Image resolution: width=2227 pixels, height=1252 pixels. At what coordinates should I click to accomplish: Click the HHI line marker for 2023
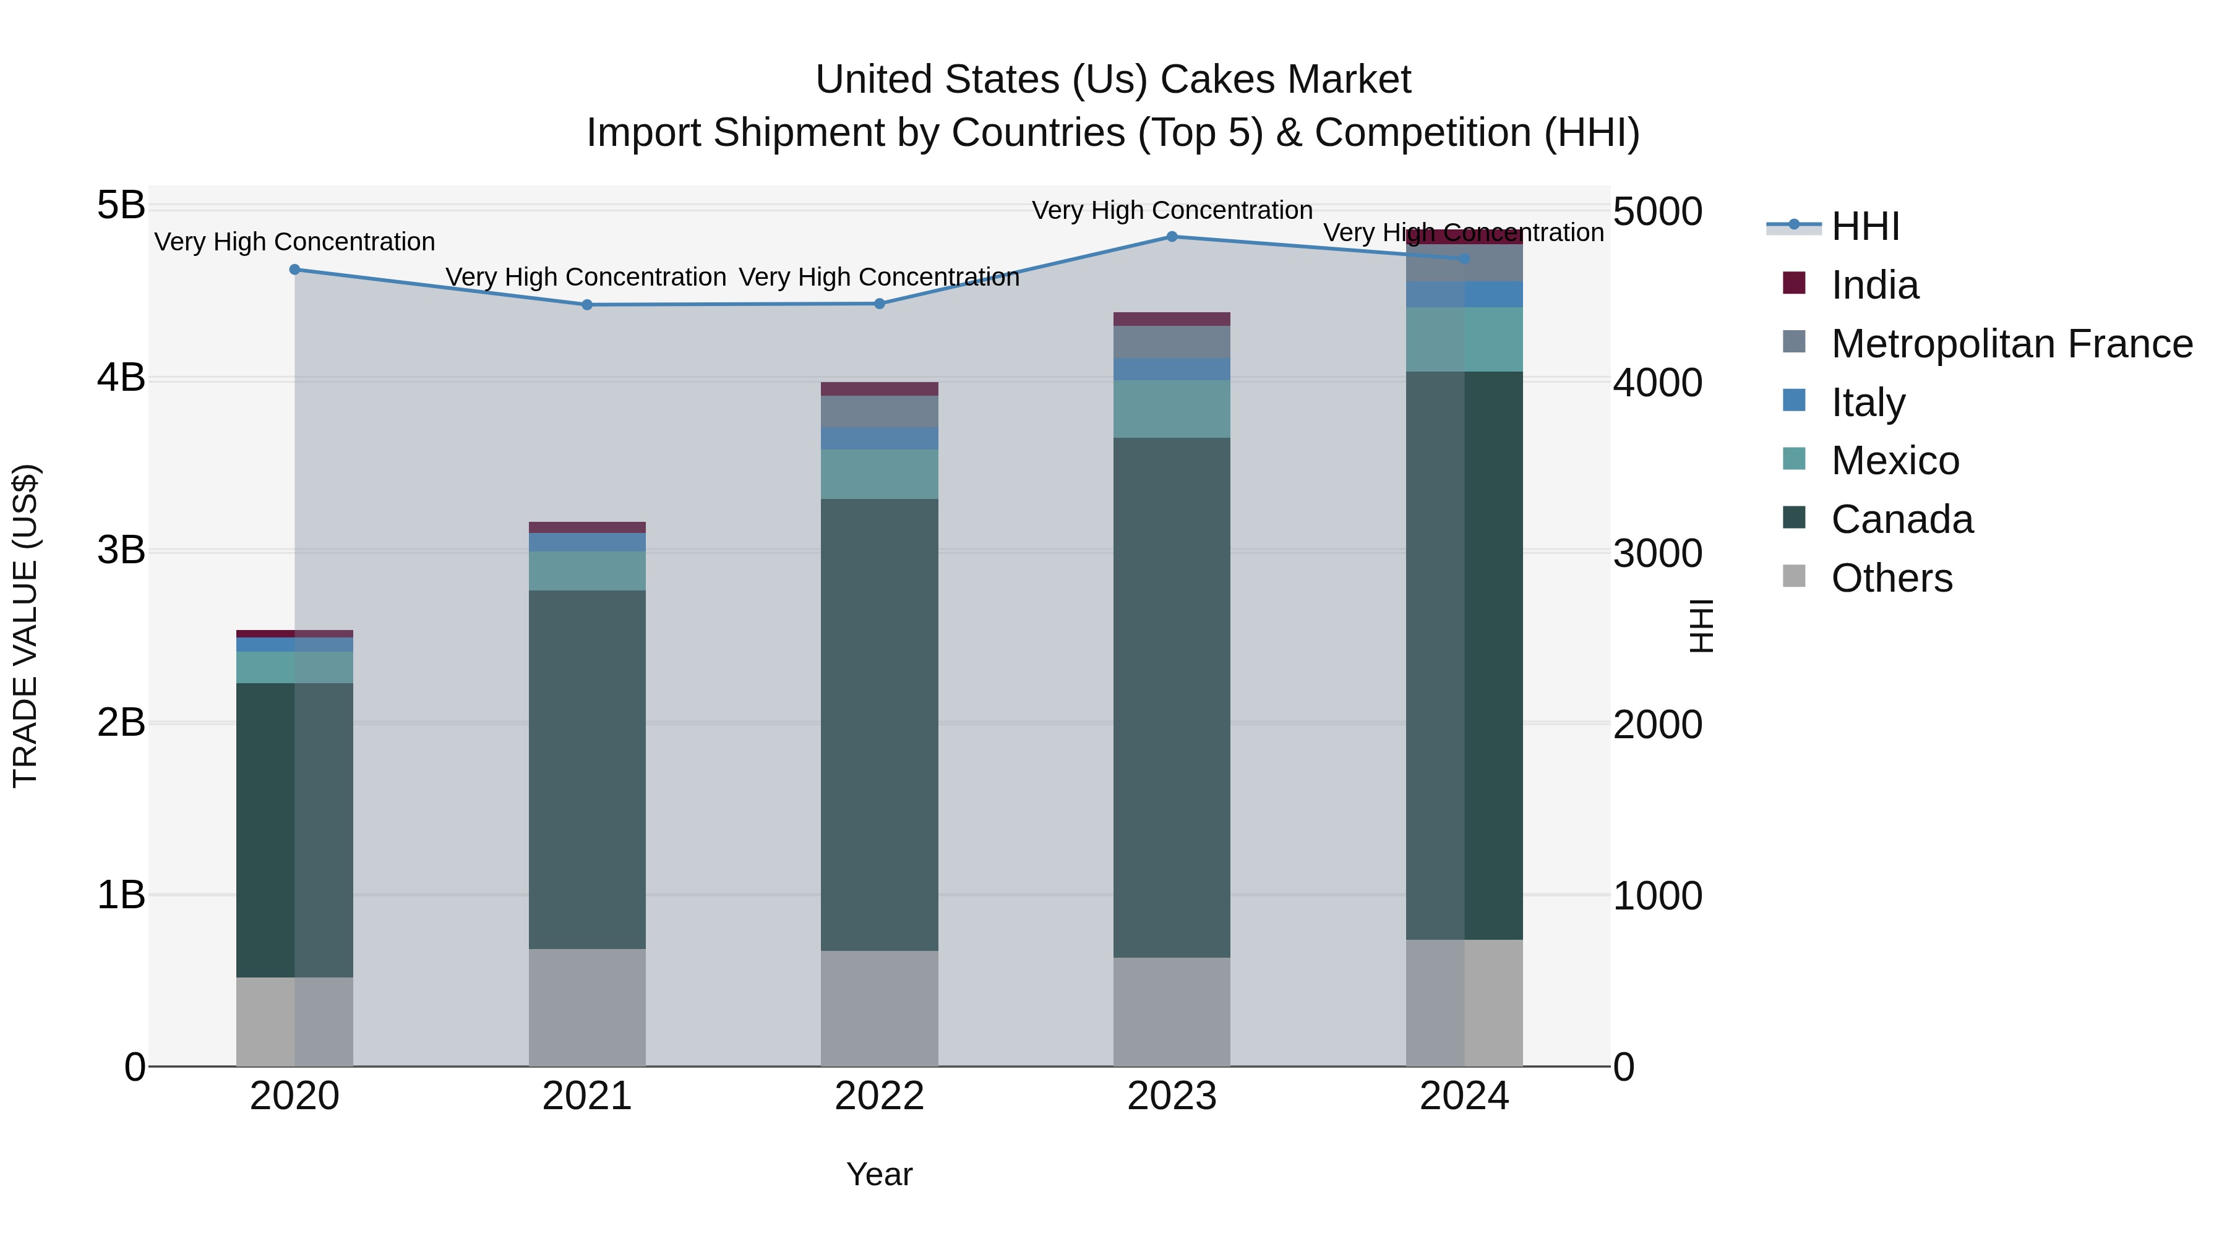coord(1172,236)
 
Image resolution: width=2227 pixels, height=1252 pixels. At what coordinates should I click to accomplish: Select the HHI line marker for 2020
coord(295,270)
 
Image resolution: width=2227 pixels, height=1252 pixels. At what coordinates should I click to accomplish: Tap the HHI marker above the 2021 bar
coord(587,304)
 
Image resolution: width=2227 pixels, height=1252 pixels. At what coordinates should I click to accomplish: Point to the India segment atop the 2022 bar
coord(879,389)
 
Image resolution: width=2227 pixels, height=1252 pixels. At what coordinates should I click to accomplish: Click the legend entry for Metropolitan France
coord(2011,344)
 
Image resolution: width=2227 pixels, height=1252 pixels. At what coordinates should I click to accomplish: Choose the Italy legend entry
coord(1868,402)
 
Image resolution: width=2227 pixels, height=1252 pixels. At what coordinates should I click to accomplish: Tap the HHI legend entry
coord(1864,226)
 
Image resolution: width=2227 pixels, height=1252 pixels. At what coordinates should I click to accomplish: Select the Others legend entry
coord(1890,578)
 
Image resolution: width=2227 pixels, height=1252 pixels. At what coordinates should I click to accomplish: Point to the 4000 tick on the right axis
coord(1657,383)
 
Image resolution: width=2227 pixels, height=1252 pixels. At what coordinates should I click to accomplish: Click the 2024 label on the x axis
coord(1464,1096)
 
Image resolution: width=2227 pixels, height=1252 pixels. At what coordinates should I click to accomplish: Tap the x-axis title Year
coord(879,1174)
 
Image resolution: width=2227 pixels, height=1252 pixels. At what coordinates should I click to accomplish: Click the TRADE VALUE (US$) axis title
coord(26,626)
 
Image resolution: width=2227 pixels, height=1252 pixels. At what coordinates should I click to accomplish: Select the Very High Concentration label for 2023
coord(1172,210)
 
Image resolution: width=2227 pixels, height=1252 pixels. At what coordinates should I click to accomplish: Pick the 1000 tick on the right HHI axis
coord(1657,896)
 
